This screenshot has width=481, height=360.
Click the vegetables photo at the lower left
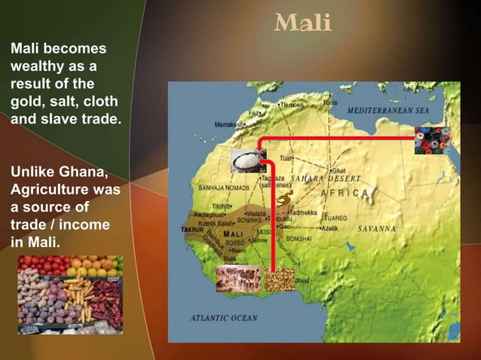click(x=70, y=294)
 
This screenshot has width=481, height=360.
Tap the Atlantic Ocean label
click(x=225, y=318)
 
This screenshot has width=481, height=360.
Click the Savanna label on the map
click(x=377, y=227)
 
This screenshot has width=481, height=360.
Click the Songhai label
click(x=299, y=238)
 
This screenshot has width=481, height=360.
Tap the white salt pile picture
click(x=246, y=160)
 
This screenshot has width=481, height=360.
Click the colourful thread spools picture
click(x=432, y=140)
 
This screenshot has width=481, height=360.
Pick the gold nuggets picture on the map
click(x=280, y=279)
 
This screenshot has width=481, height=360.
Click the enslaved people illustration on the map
click(x=238, y=278)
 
